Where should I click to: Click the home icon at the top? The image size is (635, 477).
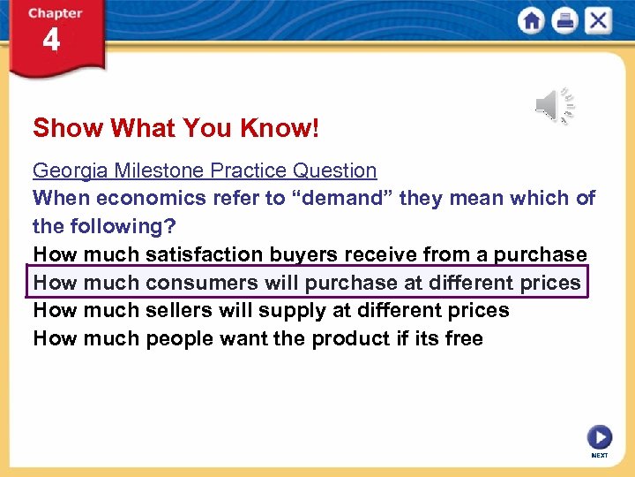click(531, 21)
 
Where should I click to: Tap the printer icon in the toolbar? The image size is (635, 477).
click(564, 21)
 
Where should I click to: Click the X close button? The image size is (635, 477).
click(598, 21)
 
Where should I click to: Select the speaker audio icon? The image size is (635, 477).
click(554, 106)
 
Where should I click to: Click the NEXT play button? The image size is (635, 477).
click(599, 437)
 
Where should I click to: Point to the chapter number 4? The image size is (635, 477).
click(52, 41)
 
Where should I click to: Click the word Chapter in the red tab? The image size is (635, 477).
click(55, 13)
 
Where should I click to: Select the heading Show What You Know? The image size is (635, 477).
click(176, 129)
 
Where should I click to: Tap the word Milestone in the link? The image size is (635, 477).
click(153, 170)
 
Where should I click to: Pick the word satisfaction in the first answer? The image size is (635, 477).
click(204, 254)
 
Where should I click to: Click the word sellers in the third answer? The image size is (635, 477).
click(176, 310)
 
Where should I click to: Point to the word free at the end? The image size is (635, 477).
click(464, 338)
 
